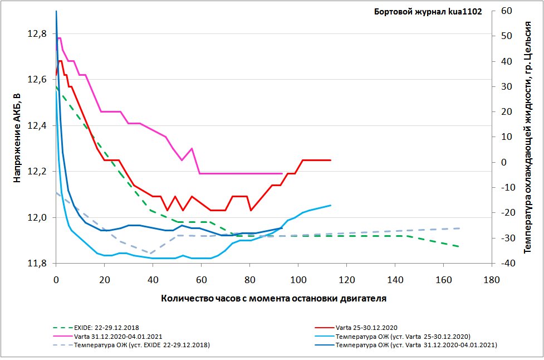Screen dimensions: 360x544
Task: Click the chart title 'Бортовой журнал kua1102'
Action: [x=428, y=11]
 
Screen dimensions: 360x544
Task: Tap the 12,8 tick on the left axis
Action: [x=36, y=33]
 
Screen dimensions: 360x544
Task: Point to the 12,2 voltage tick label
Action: [x=36, y=171]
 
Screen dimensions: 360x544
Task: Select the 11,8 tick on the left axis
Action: [x=36, y=263]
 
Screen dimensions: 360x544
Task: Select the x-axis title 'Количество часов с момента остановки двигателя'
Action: [x=273, y=298]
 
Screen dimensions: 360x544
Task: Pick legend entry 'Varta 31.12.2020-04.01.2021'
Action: [x=117, y=337]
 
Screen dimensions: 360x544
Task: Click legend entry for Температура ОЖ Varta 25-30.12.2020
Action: [x=403, y=337]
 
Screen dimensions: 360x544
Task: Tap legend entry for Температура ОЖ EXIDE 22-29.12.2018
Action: [x=142, y=346]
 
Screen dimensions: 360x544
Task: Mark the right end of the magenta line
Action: [x=282, y=173]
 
